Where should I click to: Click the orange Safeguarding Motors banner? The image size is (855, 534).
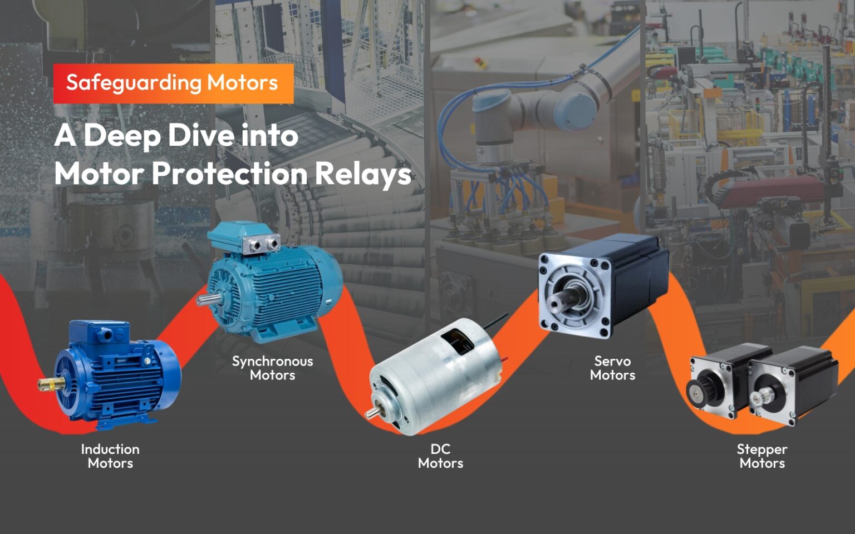(173, 83)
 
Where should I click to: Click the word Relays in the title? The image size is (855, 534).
(362, 174)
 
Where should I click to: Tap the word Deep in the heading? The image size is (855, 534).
(122, 136)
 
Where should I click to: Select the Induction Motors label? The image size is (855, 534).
(110, 456)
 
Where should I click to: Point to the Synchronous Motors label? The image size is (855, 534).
(272, 368)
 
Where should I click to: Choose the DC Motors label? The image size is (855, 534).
(440, 456)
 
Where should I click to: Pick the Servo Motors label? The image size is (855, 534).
(612, 368)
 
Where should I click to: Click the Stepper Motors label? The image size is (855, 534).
(762, 456)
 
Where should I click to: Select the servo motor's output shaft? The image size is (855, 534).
(558, 301)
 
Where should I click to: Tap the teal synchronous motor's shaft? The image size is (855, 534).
(205, 300)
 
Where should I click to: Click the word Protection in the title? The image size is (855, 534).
(229, 174)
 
